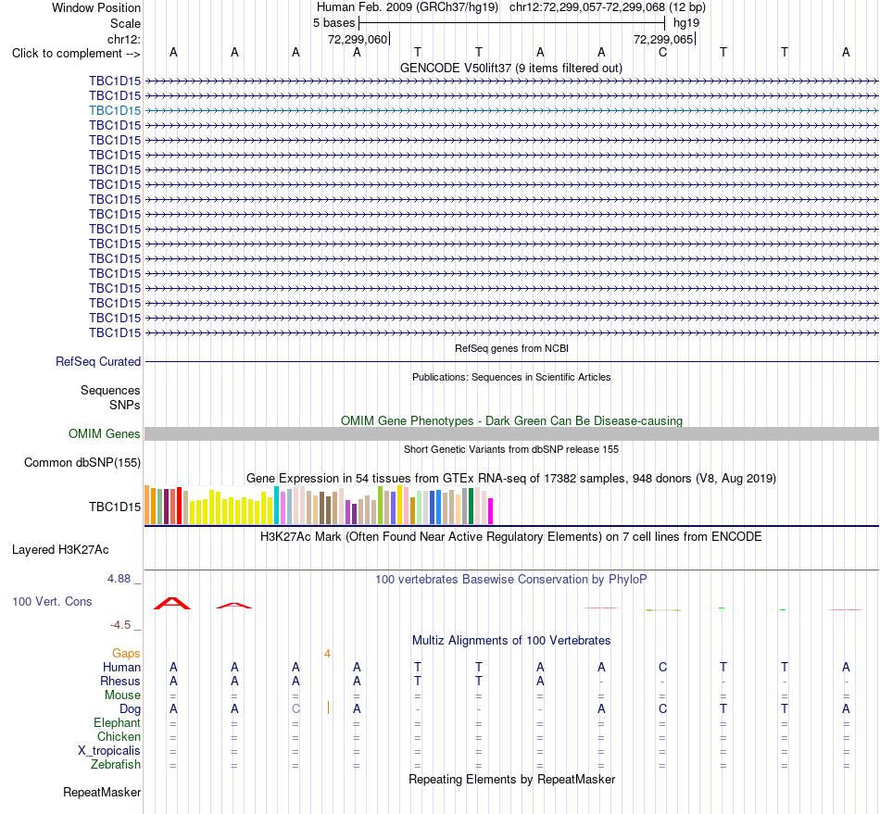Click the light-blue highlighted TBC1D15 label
click(115, 110)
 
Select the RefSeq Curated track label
click(97, 362)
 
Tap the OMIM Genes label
click(104, 433)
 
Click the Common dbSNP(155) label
click(82, 463)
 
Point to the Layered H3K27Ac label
click(60, 550)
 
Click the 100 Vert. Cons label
click(52, 601)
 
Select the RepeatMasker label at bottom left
click(102, 792)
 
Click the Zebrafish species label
click(116, 764)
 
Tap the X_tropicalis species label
click(109, 751)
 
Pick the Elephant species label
click(117, 722)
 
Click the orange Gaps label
click(126, 653)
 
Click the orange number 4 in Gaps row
click(327, 653)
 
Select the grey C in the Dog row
click(295, 708)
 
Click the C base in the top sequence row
click(663, 52)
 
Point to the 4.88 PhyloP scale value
click(119, 579)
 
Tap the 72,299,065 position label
click(663, 39)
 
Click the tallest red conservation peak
click(172, 603)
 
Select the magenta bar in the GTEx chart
click(490, 511)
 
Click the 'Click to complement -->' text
click(76, 54)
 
